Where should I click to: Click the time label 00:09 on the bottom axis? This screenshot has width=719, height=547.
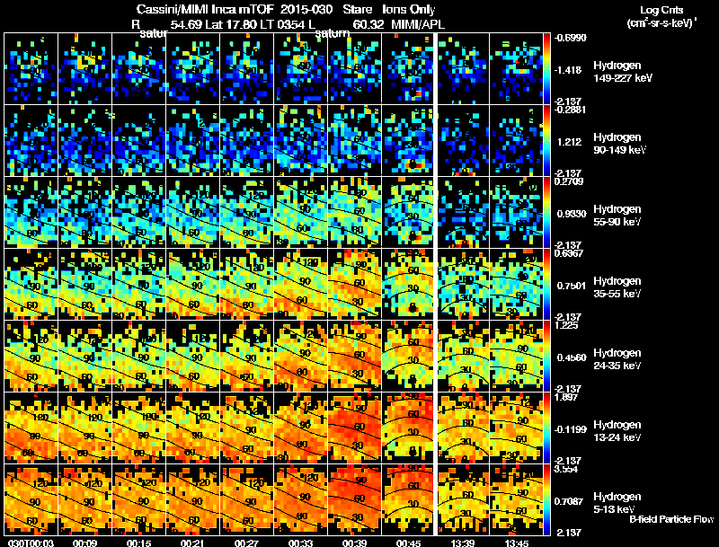point(85,543)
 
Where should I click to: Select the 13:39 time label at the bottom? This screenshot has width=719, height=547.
point(463,543)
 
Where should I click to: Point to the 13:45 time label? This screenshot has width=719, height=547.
point(517,543)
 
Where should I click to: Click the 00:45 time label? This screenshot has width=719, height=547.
point(409,543)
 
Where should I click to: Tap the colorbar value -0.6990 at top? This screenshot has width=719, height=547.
point(573,38)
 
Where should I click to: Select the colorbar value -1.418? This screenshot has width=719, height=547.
point(572,68)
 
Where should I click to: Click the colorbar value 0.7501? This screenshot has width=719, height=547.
point(573,286)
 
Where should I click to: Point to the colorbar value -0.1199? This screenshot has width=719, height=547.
point(573,429)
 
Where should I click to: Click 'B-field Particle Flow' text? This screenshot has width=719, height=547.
point(671,519)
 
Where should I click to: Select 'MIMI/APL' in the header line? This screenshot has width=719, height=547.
point(413,24)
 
